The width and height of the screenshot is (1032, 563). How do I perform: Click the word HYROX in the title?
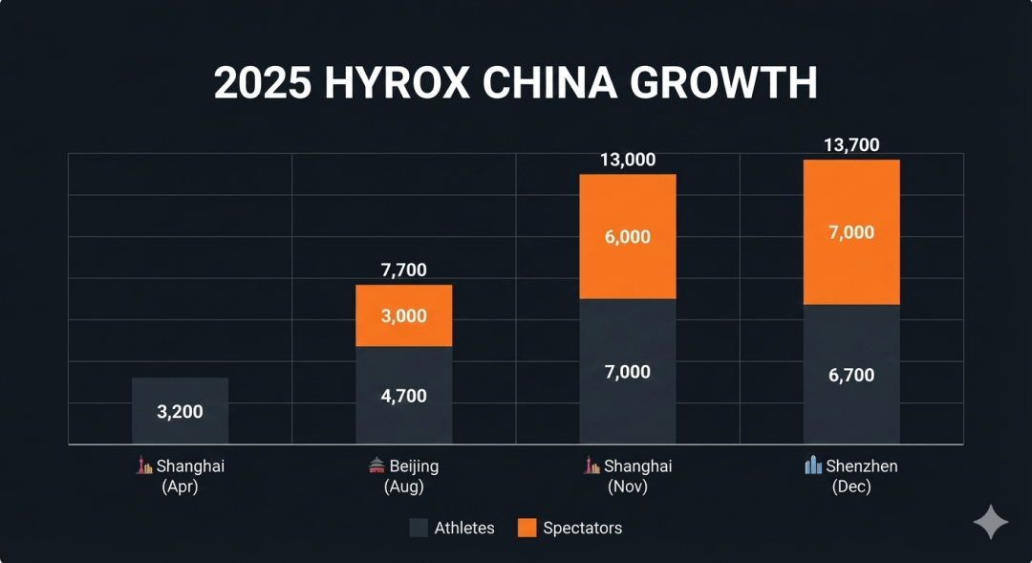(x=397, y=84)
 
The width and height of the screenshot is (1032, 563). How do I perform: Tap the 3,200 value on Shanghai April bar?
(x=180, y=412)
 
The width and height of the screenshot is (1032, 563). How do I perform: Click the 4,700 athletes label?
(x=404, y=396)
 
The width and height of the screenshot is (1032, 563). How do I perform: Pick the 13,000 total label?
(x=628, y=160)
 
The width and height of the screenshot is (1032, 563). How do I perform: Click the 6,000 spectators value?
(x=628, y=237)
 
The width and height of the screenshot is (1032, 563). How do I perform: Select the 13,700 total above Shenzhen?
(x=851, y=145)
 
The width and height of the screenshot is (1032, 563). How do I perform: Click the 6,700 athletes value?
(x=851, y=376)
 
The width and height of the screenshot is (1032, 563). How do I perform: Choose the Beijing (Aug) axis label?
(x=404, y=476)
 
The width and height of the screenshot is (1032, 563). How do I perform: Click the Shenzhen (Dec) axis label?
(x=851, y=476)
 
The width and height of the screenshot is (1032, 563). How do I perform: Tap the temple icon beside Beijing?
(x=376, y=466)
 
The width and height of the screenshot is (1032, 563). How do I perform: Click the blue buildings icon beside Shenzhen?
(x=813, y=466)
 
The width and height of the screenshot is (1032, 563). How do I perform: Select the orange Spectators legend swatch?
(x=527, y=528)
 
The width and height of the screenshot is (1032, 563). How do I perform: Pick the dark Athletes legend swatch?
(x=419, y=528)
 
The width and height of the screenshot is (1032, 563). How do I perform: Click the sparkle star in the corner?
(x=991, y=522)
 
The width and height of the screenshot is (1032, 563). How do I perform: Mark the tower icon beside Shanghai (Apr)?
(x=144, y=466)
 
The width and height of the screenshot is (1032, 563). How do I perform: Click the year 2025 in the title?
(x=263, y=84)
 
